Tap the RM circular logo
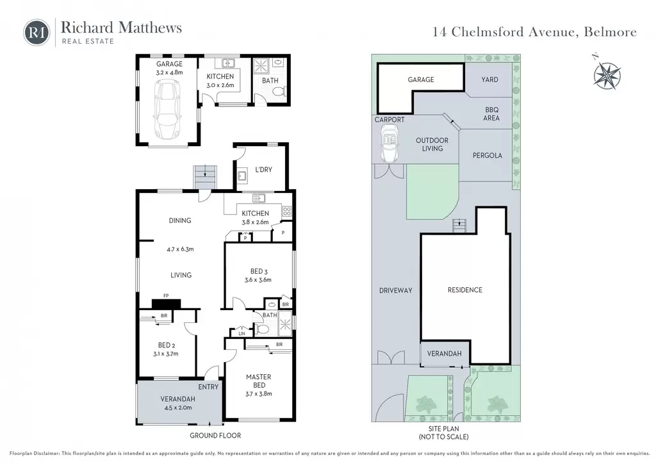[37, 32]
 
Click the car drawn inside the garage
[168, 110]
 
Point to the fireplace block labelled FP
[166, 304]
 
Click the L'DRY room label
[263, 169]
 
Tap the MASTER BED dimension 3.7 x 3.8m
[259, 394]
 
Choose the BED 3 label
[259, 271]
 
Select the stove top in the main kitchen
[286, 211]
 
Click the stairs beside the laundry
[205, 178]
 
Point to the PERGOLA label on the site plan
[488, 155]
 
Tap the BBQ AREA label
[491, 114]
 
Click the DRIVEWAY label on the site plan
[396, 290]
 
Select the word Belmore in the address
[611, 32]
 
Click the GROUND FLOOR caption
[215, 436]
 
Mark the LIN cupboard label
[242, 333]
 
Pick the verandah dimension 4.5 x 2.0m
[178, 408]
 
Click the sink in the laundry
[242, 176]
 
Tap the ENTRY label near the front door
[208, 387]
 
